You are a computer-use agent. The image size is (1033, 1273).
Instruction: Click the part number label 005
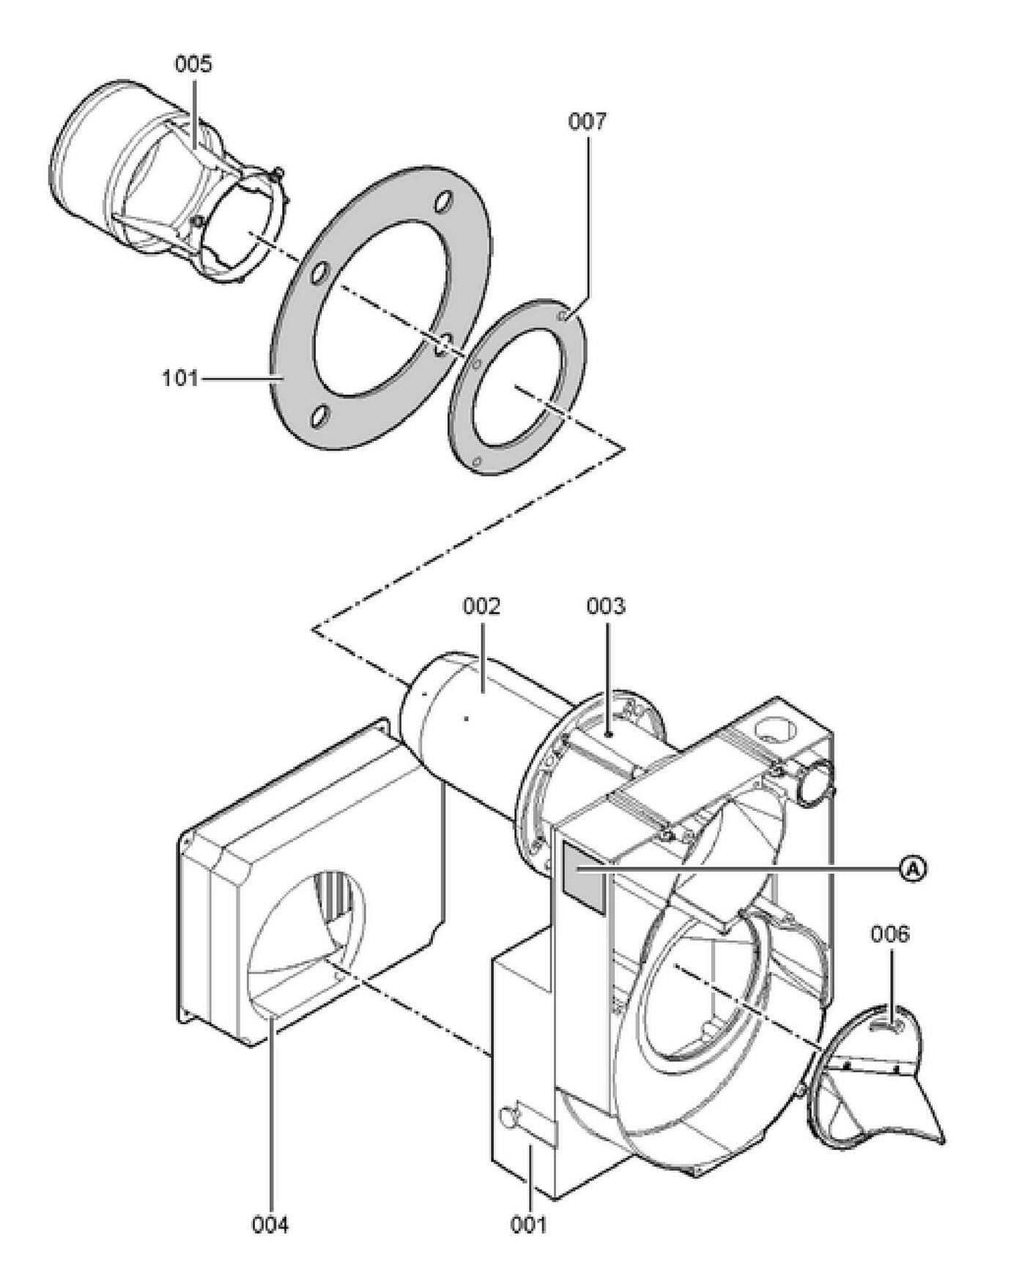point(193,64)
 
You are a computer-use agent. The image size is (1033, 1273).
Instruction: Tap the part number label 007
point(588,121)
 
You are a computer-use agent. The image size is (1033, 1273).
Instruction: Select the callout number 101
point(179,379)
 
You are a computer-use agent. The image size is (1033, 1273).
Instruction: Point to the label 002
point(481,606)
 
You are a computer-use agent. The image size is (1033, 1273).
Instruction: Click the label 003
point(606,606)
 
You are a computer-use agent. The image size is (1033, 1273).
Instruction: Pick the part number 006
point(890,935)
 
